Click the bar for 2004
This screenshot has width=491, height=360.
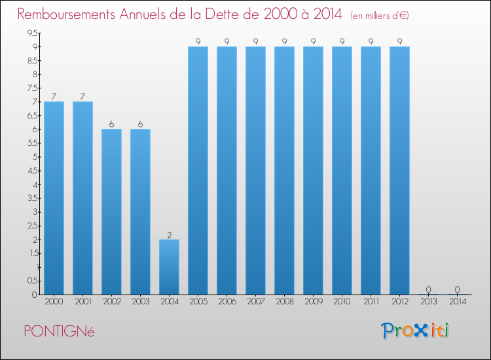169,267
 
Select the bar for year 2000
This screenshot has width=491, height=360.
54,198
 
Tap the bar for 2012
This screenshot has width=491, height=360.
399,171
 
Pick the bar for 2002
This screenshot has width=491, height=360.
111,212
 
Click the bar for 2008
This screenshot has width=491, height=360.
284,171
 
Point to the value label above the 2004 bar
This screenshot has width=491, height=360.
170,235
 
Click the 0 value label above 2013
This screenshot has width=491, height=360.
428,289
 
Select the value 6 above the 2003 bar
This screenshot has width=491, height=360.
140,124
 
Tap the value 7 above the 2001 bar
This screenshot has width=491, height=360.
82,97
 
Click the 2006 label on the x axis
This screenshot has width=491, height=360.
227,302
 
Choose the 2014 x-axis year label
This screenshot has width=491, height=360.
458,302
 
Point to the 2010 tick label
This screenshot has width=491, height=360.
342,302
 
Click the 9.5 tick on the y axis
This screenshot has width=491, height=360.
33,33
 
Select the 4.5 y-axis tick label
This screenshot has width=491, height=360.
33,171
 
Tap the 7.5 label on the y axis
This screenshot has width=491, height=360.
33,88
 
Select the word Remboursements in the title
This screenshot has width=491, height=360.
66,14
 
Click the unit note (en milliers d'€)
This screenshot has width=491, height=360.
380,16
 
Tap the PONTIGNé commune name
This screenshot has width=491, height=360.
59,331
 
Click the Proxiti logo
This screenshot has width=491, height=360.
415,331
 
